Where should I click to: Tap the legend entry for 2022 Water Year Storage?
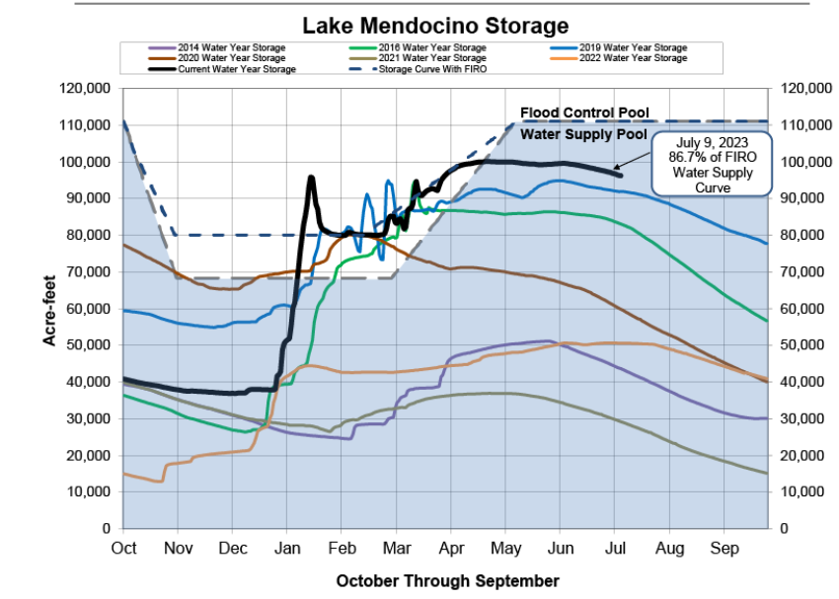point(633,58)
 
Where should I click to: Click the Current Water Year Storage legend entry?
point(236,69)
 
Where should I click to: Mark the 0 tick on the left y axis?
point(105,529)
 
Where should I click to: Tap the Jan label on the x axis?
point(287,547)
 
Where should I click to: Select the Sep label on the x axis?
point(725,547)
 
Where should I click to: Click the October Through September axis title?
point(447,580)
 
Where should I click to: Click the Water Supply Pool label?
point(584,134)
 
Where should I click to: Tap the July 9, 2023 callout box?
point(712,164)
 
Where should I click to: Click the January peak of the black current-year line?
point(311,178)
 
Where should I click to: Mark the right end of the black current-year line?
point(620,175)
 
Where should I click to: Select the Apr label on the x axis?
point(451,547)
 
